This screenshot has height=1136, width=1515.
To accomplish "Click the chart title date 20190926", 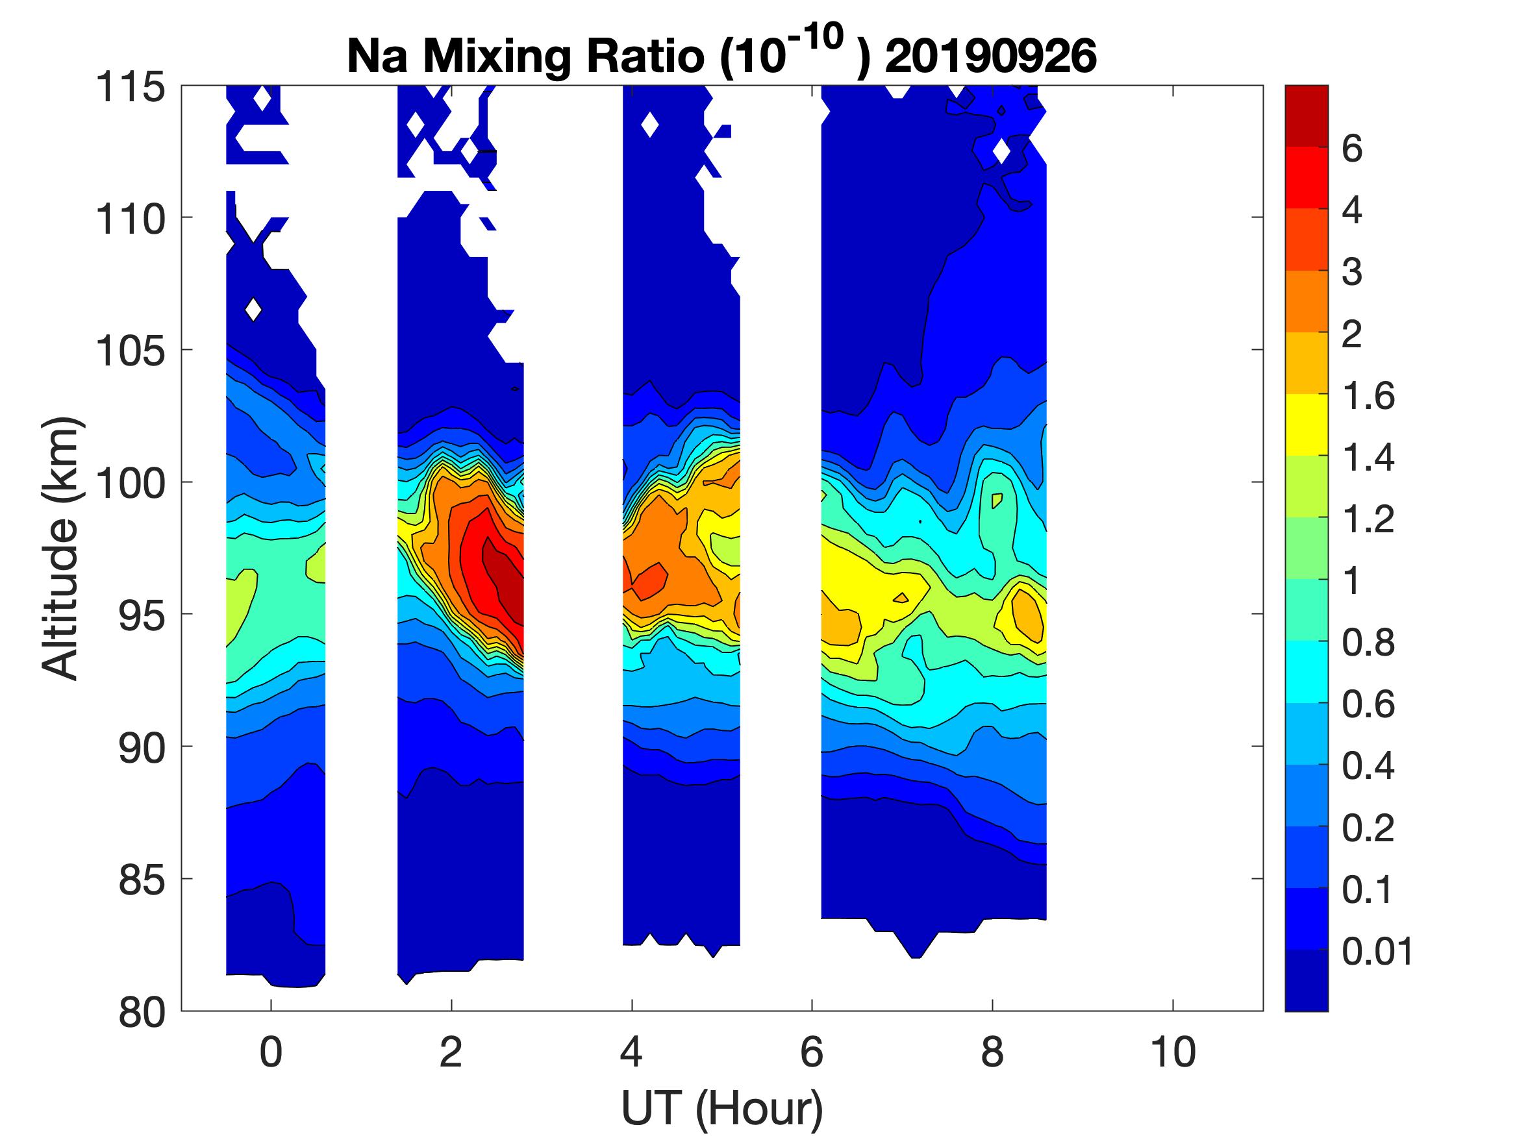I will coord(990,56).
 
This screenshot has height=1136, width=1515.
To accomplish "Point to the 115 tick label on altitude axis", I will coord(130,88).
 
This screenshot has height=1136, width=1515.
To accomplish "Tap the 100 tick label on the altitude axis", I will coord(130,484).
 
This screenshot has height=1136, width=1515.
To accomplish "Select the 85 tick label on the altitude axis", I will coord(142,880).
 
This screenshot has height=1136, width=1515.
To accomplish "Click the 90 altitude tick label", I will coord(142,748).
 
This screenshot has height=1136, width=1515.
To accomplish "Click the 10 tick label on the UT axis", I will coord(1173,1052).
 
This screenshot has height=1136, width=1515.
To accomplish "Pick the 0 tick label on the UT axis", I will coord(271,1052).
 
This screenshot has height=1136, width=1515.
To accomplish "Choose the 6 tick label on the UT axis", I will coord(812,1052).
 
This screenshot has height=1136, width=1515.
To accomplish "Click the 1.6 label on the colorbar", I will coord(1368,396).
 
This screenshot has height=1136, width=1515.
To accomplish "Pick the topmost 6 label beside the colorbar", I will coord(1352,149).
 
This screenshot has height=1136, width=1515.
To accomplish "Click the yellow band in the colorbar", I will coord(1306,425).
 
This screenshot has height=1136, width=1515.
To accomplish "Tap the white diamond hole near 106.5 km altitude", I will coord(253,310).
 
